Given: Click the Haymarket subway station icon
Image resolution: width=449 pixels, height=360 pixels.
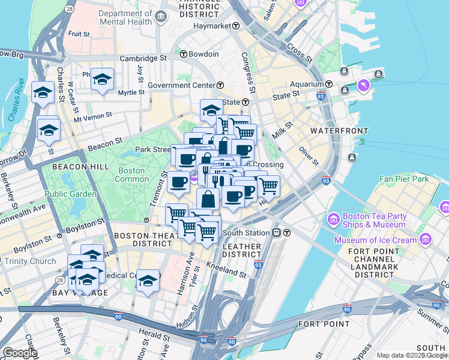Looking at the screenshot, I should [x=237, y=26].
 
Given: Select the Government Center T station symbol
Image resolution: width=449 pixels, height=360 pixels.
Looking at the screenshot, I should [x=221, y=85].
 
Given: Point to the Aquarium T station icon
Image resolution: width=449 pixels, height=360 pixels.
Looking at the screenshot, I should [x=330, y=84].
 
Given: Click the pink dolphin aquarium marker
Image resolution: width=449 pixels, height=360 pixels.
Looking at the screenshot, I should [x=364, y=87].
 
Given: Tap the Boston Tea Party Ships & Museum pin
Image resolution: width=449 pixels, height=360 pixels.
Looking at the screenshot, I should [x=333, y=220].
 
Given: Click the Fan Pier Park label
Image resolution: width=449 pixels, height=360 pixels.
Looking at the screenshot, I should [x=404, y=179].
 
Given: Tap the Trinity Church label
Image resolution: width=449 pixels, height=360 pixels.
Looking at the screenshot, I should [x=30, y=261].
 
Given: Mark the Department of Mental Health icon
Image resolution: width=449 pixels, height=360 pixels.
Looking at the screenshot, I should [x=160, y=17].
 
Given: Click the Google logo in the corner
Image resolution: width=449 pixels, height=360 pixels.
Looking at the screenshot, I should [x=20, y=352].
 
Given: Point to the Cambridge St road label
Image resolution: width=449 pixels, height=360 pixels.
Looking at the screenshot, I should [x=143, y=58].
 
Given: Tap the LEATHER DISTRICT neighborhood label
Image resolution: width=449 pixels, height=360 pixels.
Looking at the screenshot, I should [x=242, y=251].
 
